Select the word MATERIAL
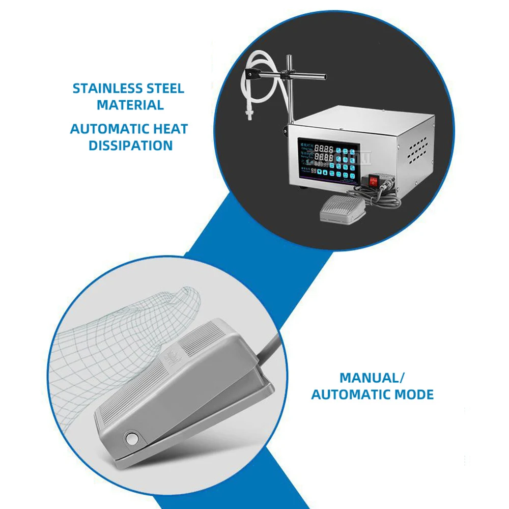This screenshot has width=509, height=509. pyautogui.click(x=130, y=105)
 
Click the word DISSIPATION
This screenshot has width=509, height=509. pyautogui.click(x=130, y=146)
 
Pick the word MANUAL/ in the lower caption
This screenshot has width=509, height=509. pyautogui.click(x=372, y=378)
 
